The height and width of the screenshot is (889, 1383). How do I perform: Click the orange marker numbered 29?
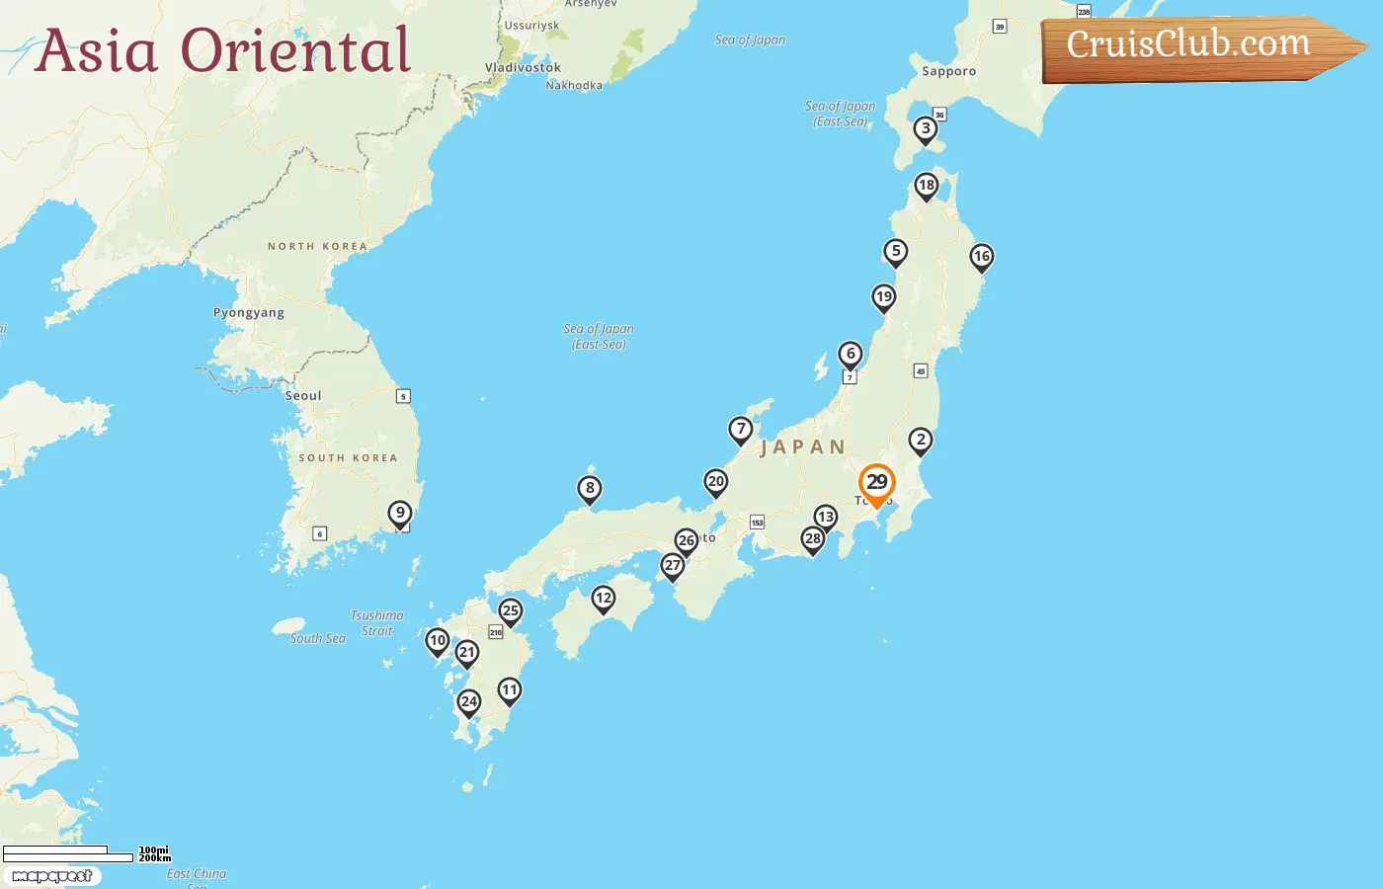pyautogui.click(x=876, y=483)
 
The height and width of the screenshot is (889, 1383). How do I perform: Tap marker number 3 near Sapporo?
pyautogui.click(x=926, y=128)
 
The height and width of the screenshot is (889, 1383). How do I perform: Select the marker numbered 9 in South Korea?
pyautogui.click(x=400, y=513)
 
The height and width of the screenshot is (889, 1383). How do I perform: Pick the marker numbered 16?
pyautogui.click(x=981, y=257)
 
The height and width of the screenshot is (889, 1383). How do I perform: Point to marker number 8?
pyautogui.click(x=590, y=488)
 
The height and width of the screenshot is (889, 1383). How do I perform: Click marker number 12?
pyautogui.click(x=604, y=599)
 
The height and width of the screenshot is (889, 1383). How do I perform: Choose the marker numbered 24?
pyautogui.click(x=469, y=702)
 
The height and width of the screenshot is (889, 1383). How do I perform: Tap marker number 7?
pyautogui.click(x=741, y=430)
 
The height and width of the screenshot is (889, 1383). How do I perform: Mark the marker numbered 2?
pyautogui.click(x=921, y=441)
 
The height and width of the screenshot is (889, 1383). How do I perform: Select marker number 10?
pyautogui.click(x=438, y=641)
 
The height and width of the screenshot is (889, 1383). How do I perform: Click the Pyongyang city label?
pyautogui.click(x=249, y=313)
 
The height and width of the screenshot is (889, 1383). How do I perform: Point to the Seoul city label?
pyautogui.click(x=303, y=396)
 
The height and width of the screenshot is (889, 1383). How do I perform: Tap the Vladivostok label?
pyautogui.click(x=523, y=68)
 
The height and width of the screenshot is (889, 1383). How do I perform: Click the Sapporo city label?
pyautogui.click(x=948, y=71)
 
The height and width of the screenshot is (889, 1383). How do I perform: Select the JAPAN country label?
pyautogui.click(x=803, y=447)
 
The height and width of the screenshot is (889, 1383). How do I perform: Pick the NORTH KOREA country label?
pyautogui.click(x=317, y=246)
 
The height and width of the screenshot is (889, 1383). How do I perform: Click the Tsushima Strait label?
pyautogui.click(x=377, y=623)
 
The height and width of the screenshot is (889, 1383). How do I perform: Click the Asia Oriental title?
pyautogui.click(x=223, y=51)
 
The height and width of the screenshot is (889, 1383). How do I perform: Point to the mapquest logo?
pyautogui.click(x=52, y=876)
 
